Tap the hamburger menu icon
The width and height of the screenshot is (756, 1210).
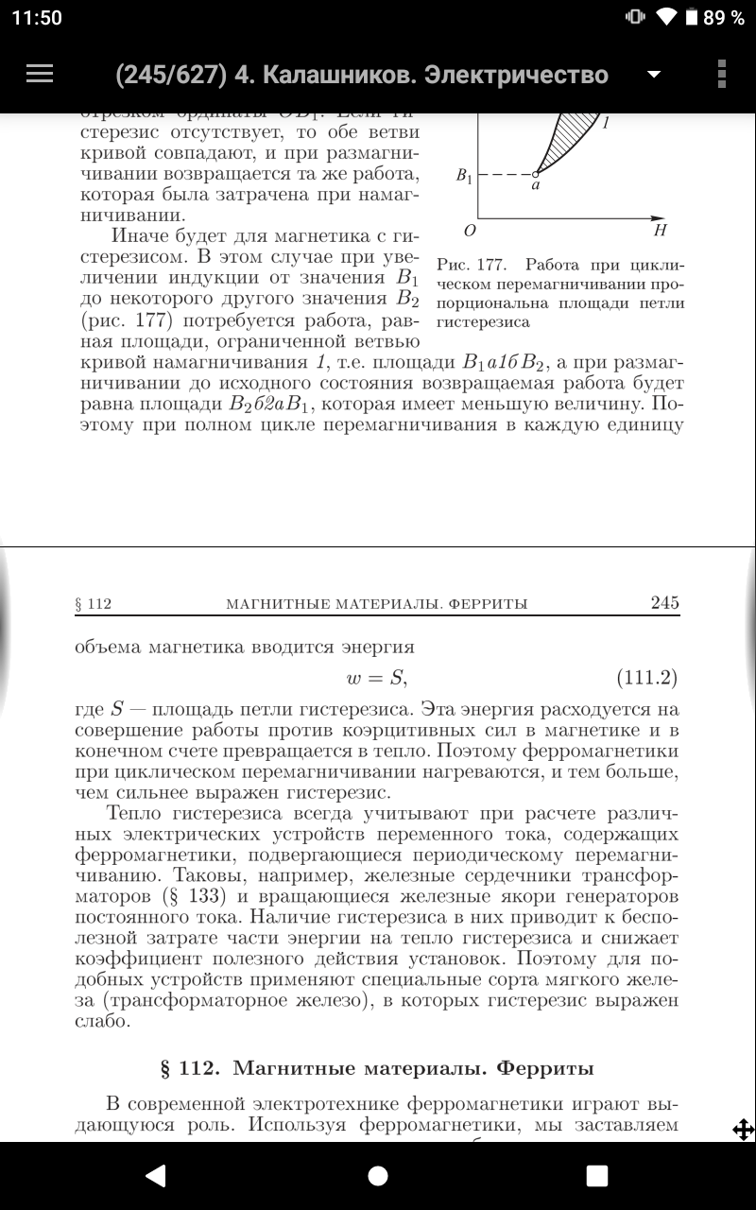point(40,74)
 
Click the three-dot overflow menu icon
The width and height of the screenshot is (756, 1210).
point(722,74)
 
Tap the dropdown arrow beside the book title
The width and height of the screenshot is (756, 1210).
point(652,75)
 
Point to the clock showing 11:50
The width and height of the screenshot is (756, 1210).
point(37,18)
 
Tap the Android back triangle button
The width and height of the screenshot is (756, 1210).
point(156,1175)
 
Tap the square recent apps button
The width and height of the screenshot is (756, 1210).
point(597,1175)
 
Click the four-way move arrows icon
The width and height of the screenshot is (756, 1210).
point(743,1129)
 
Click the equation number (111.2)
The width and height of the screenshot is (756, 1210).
point(647,678)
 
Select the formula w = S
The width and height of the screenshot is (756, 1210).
point(378,678)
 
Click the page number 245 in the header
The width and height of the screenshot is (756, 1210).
point(665,603)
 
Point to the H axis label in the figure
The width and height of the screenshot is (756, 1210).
point(661,230)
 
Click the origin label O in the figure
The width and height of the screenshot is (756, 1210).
point(470,230)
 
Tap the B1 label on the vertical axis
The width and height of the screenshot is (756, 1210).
point(465,176)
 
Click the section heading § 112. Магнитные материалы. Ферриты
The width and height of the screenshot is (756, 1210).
point(378,1069)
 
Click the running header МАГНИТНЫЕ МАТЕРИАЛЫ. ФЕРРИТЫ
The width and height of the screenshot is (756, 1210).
point(377,604)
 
